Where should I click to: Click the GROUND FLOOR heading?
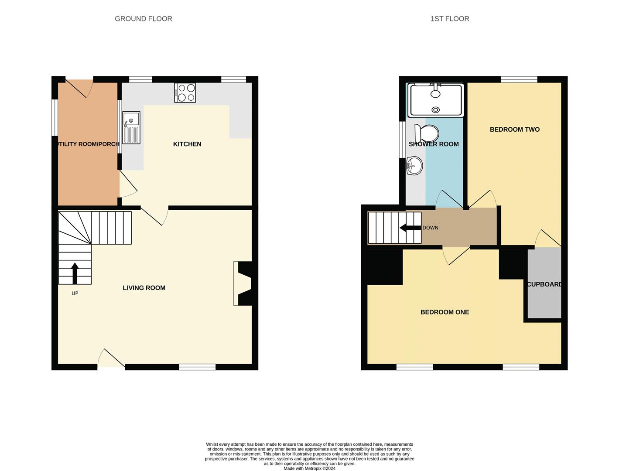point(143,19)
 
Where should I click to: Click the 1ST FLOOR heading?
point(449,19)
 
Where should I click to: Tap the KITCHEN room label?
point(187,144)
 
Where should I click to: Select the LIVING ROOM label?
point(144,288)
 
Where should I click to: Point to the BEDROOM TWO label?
point(514,130)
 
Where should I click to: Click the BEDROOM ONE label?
point(445,312)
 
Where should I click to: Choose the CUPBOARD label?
point(544,284)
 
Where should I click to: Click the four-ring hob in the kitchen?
point(185,92)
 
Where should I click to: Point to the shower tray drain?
point(435,110)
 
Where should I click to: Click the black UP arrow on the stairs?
point(75,273)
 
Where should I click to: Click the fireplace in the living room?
point(243,283)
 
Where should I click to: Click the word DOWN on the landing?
point(430,228)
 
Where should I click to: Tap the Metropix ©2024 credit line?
point(309,468)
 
